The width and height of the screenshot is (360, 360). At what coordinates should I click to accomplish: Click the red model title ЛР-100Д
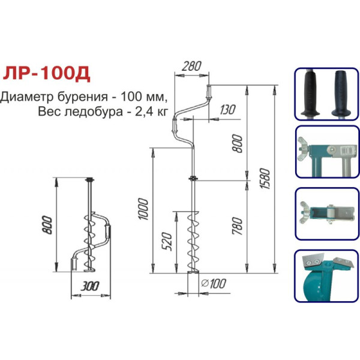47,73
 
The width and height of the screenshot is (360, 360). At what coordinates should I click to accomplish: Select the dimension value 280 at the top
191,66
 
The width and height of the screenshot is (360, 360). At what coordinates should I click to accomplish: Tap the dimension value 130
227,110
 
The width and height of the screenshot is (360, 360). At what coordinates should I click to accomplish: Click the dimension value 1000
143,209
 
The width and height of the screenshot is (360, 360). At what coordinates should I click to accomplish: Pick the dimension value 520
167,242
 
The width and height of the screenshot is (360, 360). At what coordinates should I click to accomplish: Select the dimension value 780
237,226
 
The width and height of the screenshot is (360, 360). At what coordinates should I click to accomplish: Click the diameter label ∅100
214,284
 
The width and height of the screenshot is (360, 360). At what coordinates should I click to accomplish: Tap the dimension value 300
90,286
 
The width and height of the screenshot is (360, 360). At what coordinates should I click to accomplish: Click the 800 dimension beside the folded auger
47,225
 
